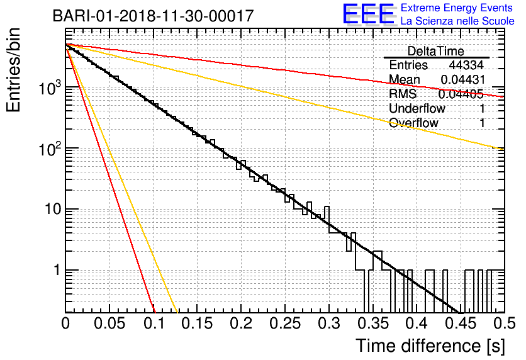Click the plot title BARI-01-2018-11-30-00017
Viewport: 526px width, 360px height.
153,16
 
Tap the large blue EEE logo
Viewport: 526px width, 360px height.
369,14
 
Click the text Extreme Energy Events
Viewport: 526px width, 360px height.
457,8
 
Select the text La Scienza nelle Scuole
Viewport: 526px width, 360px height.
457,21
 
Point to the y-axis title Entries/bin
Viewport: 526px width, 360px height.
13,70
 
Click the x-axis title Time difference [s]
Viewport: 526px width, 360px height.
430,346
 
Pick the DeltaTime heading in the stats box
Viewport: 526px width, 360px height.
436,51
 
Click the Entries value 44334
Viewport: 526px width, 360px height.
466,65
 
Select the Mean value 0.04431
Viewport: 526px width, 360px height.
463,79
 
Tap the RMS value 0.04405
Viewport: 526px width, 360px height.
461,94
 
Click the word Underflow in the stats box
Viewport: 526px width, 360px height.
417,108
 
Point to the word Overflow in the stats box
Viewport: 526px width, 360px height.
413,123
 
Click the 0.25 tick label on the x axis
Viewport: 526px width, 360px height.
285,323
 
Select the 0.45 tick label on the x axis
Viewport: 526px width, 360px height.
461,323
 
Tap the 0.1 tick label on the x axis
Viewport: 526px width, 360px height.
154,323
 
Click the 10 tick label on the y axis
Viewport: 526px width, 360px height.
53,209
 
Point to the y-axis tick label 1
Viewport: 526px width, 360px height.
57,270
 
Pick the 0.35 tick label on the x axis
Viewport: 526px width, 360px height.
372,323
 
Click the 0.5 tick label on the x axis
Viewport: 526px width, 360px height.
505,323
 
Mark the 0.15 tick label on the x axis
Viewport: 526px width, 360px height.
197,323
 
